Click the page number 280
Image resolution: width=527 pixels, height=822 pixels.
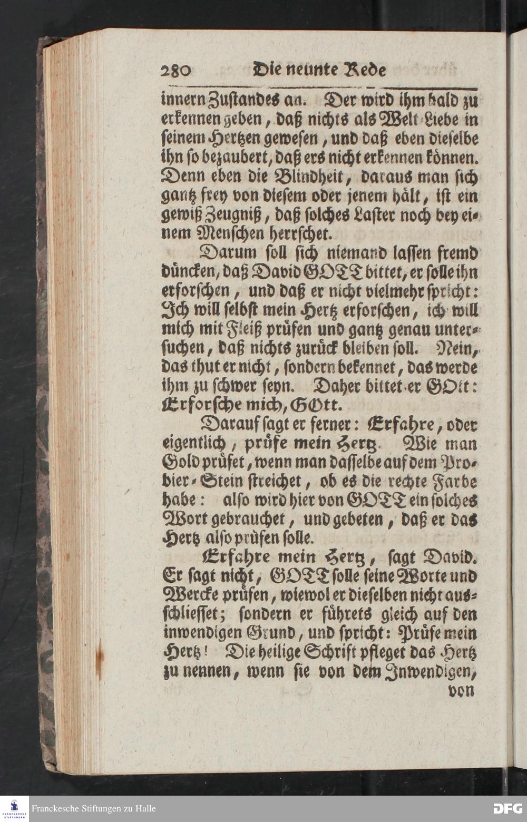point(177,71)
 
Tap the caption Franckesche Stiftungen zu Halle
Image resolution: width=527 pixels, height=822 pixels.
point(94,808)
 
